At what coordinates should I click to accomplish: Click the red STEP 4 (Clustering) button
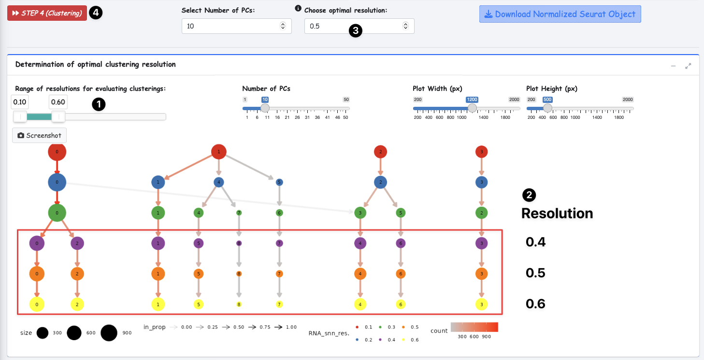pos(47,13)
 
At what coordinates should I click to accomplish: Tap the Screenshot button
pos(39,136)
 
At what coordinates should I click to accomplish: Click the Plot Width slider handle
pos(472,108)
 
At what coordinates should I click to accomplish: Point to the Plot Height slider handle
pos(548,108)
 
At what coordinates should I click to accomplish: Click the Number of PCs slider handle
pos(265,108)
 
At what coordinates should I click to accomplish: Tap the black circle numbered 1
pos(99,104)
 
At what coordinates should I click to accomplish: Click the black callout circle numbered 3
pos(355,31)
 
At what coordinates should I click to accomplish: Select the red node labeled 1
pos(219,152)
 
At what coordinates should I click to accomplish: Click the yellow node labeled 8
pos(239,305)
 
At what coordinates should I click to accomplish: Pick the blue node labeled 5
pos(279,183)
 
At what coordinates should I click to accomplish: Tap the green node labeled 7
pos(239,213)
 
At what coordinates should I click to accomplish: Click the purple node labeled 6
pos(400,244)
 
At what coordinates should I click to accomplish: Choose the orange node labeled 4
pos(359,274)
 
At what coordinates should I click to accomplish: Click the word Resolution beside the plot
pos(557,214)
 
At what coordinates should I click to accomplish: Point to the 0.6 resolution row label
pos(535,304)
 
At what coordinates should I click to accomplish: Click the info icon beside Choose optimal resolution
pos(298,8)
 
